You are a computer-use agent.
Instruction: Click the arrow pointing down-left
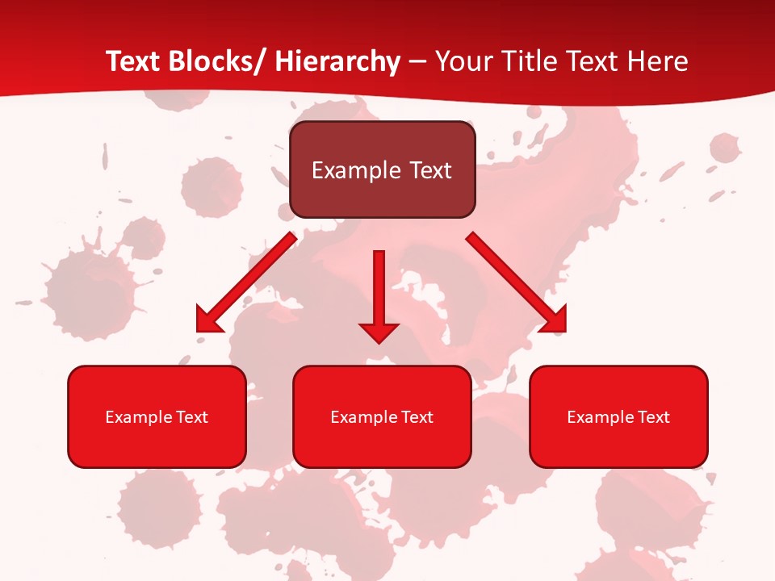point(246,282)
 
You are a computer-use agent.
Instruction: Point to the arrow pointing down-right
point(517,282)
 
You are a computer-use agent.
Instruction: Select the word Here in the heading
point(656,61)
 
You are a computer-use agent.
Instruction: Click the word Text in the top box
point(429,170)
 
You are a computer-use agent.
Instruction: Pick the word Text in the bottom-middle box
point(417,417)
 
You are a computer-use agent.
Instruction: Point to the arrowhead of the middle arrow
point(379,332)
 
